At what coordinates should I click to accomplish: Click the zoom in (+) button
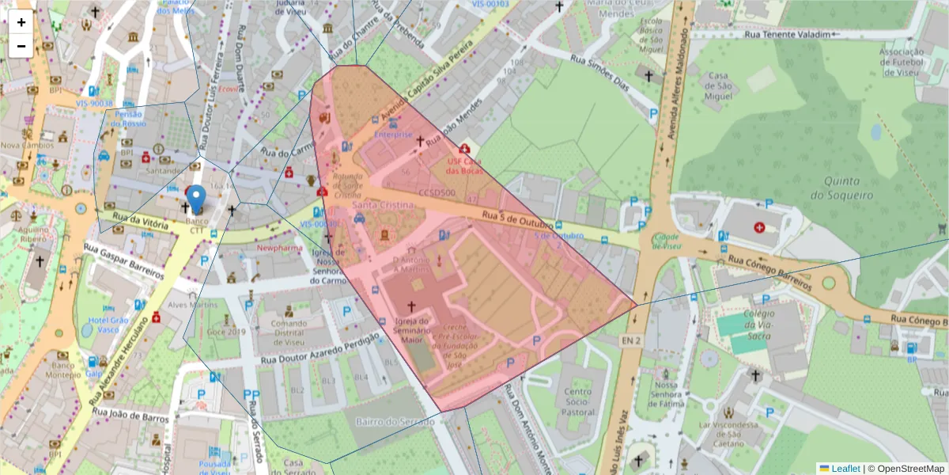pos(21,22)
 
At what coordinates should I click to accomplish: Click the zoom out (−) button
pos(21,46)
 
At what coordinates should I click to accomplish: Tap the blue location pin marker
pos(196,197)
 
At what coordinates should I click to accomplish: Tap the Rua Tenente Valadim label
pos(788,35)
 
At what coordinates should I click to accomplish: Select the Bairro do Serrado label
pos(395,421)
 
